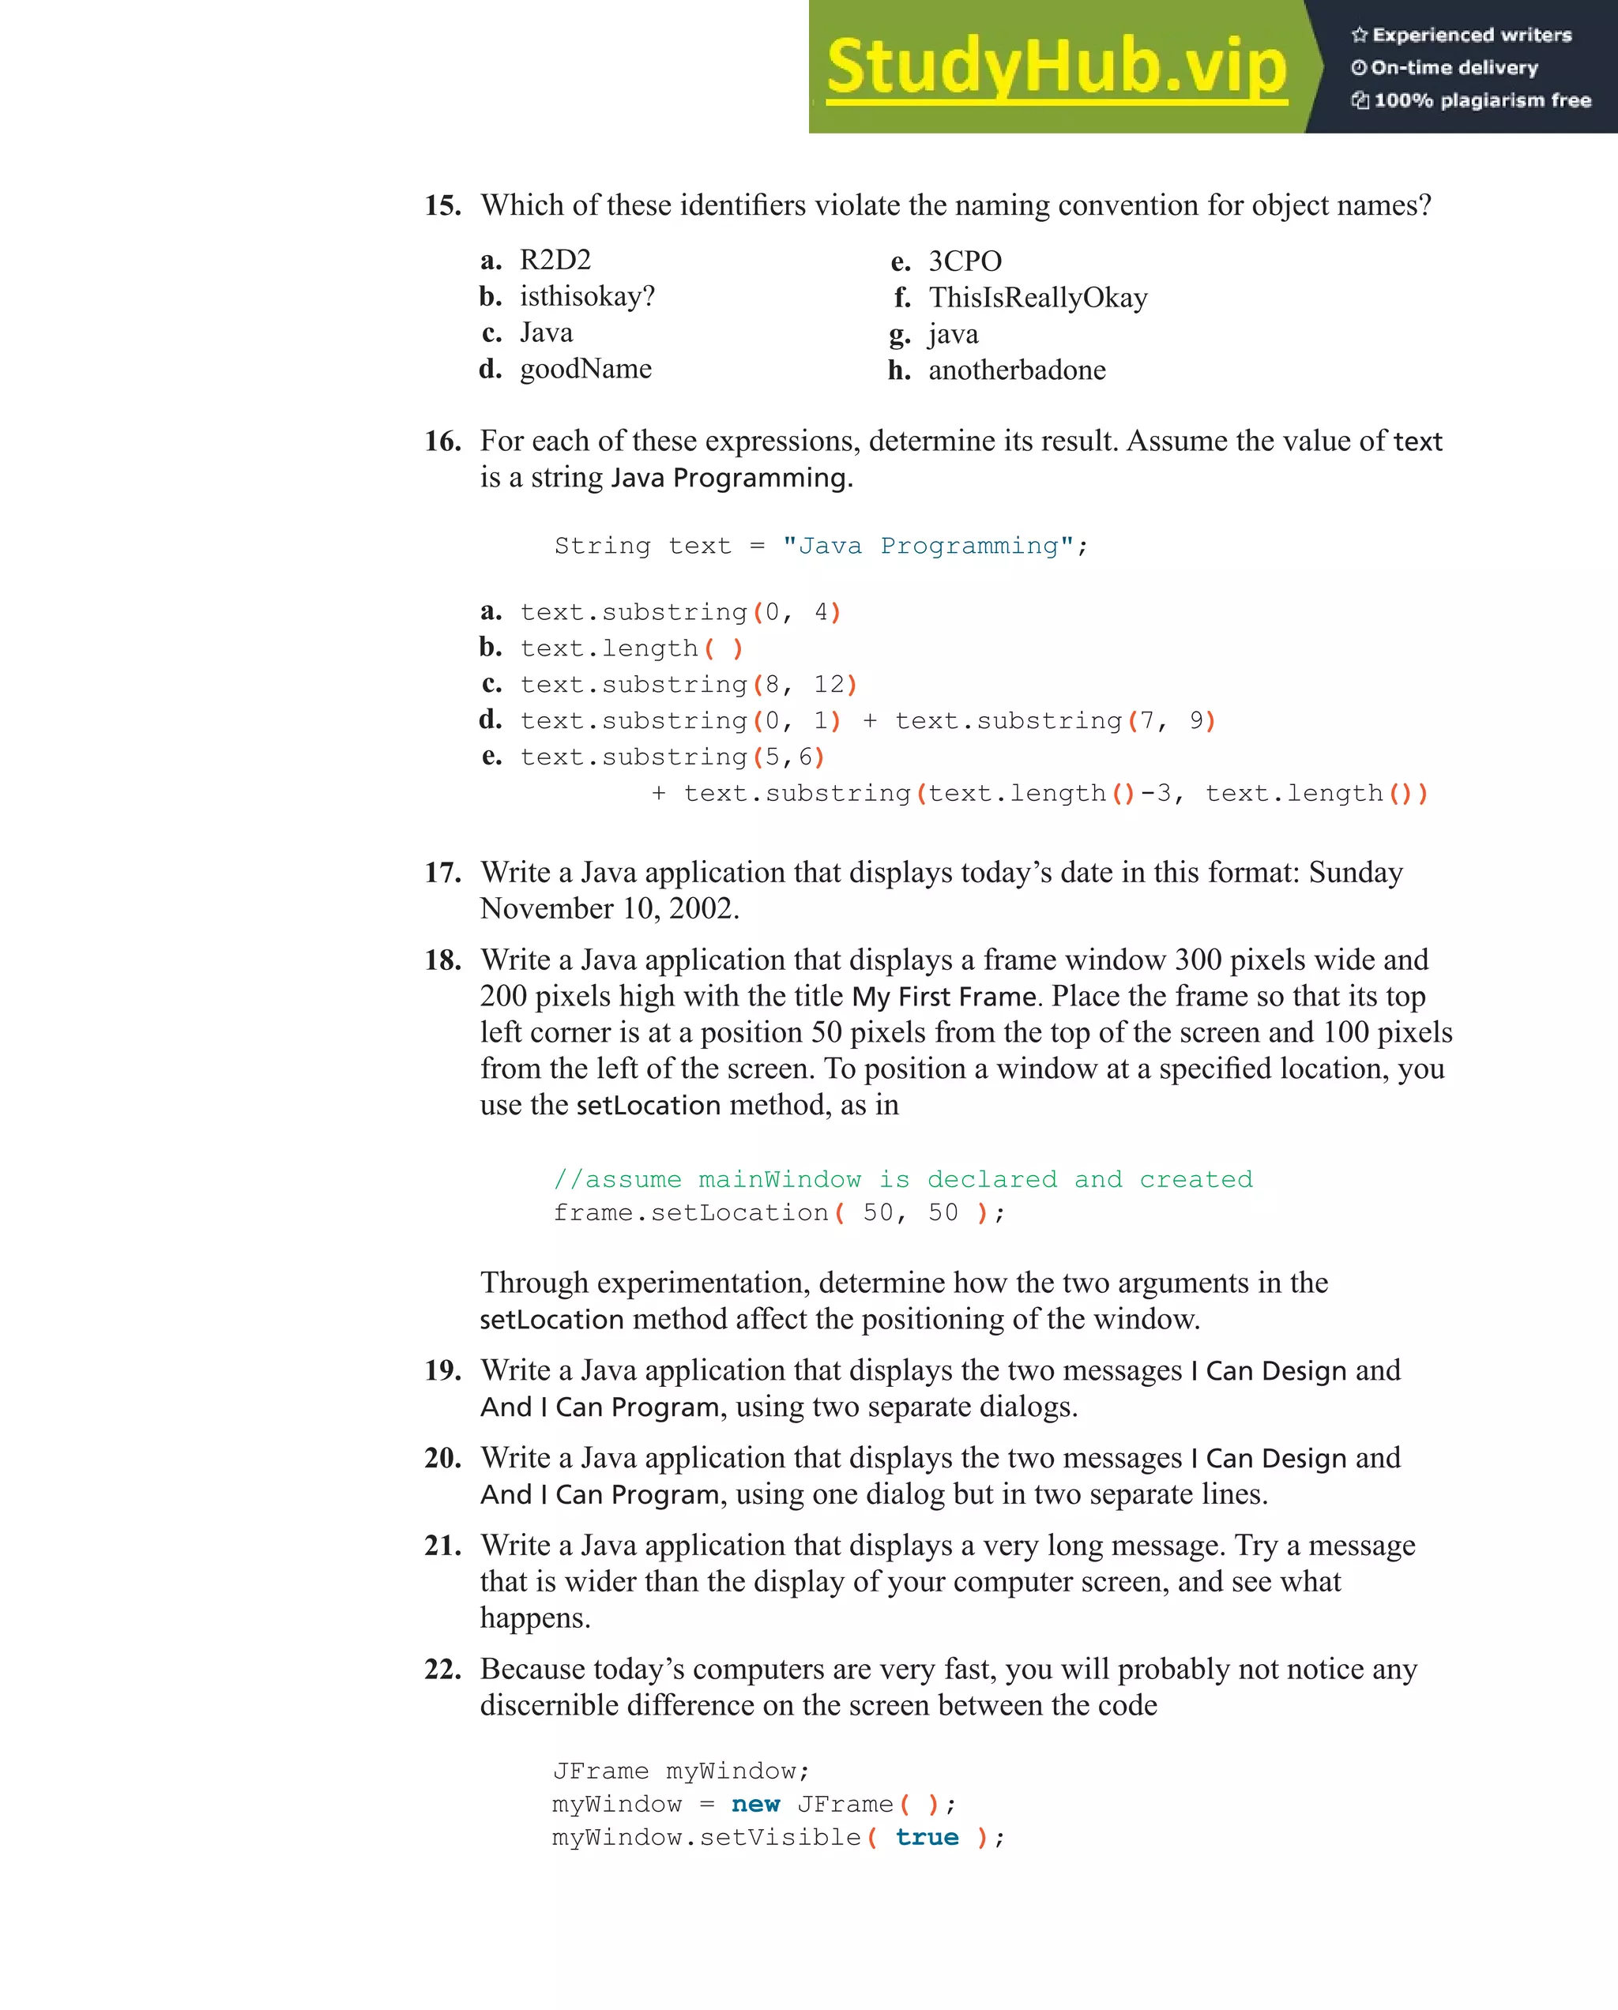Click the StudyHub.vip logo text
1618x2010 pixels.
pos(1055,67)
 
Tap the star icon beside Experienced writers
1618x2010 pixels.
pos(1360,36)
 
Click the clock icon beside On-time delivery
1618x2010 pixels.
pos(1359,68)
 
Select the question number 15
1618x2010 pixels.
pos(442,205)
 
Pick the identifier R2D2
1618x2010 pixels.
pos(555,260)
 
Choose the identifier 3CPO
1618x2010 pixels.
pos(965,261)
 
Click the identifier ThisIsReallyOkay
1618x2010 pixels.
pos(1037,298)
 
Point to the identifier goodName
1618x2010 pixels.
pos(585,369)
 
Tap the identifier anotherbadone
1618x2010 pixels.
pos(1017,370)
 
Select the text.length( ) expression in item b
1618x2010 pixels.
pos(631,648)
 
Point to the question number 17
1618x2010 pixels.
pos(442,873)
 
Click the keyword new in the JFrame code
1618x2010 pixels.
pos(755,1804)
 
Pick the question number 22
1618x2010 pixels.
pos(442,1669)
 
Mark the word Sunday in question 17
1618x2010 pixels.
pos(1355,873)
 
